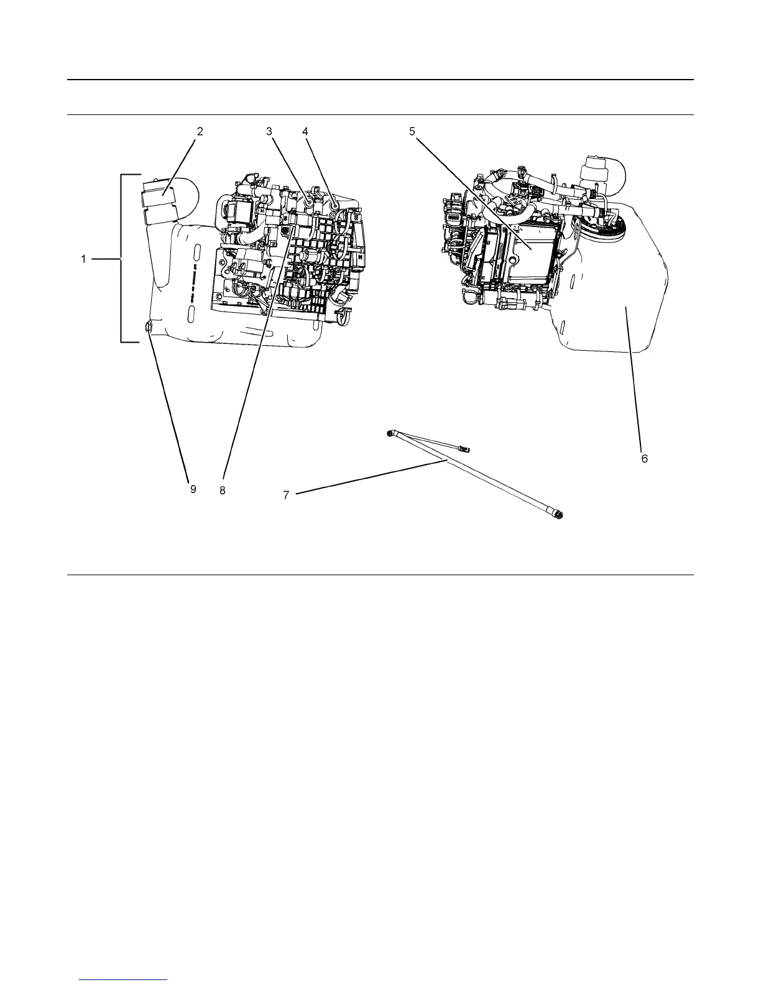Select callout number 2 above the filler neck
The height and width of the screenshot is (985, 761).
[200, 131]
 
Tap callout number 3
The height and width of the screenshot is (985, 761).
[269, 131]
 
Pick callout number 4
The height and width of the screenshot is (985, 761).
[305, 131]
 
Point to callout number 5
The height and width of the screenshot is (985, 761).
[412, 131]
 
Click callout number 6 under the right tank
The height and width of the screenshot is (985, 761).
[645, 458]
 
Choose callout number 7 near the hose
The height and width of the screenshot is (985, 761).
[287, 494]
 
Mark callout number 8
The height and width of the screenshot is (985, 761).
[222, 489]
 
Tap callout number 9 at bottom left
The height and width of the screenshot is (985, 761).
[193, 489]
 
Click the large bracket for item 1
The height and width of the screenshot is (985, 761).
[121, 259]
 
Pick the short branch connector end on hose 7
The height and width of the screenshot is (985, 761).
[464, 447]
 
